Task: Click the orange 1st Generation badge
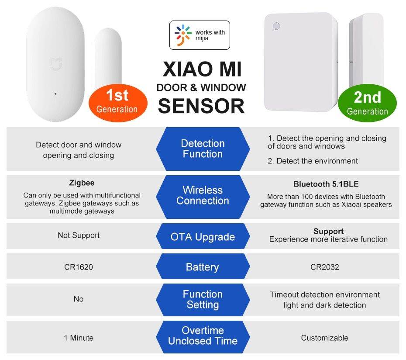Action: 117,101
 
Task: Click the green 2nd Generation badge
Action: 367,103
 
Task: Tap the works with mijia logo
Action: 199,35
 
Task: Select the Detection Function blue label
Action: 203,149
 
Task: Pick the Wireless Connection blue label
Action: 203,195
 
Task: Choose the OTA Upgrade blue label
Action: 203,237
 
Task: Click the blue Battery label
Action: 203,267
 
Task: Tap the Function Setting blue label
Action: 203,299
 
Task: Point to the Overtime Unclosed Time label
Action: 203,336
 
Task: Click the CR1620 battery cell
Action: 79,267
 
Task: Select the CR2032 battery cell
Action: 324,267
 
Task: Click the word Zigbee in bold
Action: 82,183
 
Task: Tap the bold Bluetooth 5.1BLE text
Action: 326,184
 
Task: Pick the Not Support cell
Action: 79,235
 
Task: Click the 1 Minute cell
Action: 79,338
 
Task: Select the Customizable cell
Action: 324,338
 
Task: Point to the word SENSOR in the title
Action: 201,106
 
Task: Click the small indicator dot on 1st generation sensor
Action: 55,93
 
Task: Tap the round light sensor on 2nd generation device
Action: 276,26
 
